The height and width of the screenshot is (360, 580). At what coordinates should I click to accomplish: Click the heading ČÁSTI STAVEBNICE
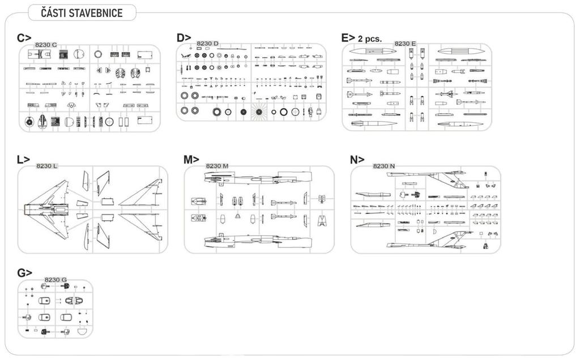(x=82, y=13)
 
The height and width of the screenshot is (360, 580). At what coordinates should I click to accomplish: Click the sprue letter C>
(x=24, y=38)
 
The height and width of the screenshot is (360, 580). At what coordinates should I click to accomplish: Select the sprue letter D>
(x=184, y=38)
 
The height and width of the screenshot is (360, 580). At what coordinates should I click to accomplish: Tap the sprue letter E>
(x=348, y=38)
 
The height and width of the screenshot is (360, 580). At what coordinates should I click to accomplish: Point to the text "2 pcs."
(x=369, y=39)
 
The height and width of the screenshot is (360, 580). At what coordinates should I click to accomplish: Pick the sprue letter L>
(x=23, y=159)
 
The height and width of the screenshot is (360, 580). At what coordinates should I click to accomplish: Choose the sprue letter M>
(x=191, y=159)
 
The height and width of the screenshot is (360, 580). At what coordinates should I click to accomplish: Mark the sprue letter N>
(x=357, y=160)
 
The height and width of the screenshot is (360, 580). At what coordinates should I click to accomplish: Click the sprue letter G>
(x=24, y=273)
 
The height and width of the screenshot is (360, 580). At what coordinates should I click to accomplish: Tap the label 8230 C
(x=46, y=45)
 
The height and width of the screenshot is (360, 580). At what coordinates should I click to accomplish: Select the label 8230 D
(x=207, y=44)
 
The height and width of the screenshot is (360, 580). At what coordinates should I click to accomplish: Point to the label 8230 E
(x=405, y=44)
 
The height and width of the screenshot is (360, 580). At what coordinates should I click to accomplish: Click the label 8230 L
(x=46, y=166)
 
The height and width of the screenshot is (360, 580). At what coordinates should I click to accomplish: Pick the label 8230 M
(x=217, y=166)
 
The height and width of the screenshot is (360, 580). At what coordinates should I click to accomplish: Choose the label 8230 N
(x=384, y=166)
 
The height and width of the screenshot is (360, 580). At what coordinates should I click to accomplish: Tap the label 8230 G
(x=56, y=280)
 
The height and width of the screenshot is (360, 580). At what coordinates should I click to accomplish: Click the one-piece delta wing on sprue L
(x=47, y=209)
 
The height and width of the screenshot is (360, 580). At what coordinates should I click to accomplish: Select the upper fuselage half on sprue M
(x=258, y=178)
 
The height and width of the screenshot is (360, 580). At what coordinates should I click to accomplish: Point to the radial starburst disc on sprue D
(x=258, y=112)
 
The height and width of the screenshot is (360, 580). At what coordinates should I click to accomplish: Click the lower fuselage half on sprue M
(x=258, y=241)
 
